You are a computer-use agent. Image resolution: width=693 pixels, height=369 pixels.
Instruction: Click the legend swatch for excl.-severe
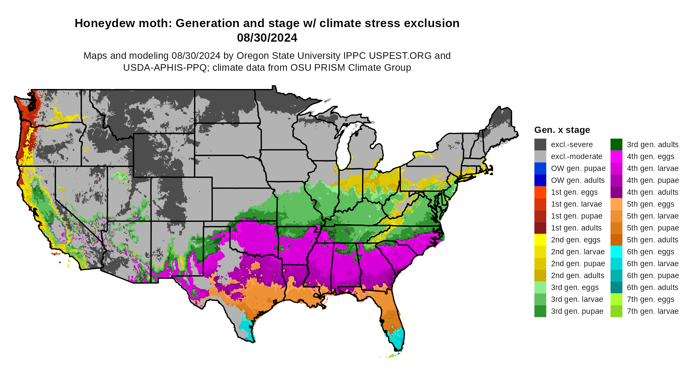[x=540, y=144]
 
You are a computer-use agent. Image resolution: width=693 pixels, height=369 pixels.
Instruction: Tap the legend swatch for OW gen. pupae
[x=540, y=168]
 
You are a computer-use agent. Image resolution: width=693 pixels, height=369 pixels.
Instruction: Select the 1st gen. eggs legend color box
[x=540, y=192]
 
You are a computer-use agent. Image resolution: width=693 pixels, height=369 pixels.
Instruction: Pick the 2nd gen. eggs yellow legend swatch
[x=540, y=240]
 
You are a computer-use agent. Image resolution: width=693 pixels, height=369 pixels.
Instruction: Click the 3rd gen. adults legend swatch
[x=616, y=144]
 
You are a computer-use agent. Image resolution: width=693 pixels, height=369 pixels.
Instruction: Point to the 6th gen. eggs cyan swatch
[x=616, y=252]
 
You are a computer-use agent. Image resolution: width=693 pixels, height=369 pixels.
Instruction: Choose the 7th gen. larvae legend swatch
[x=616, y=311]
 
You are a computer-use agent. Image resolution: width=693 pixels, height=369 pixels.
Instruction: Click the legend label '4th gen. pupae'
[x=653, y=180]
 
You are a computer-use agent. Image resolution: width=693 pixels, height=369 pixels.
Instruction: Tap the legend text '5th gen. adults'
[x=652, y=240]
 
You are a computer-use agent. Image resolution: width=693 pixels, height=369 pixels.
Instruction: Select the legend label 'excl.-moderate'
[x=577, y=156]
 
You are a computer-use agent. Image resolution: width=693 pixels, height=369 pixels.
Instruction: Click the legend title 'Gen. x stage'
[x=562, y=130]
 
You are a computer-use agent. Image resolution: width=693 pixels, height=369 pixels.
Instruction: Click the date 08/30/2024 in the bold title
[x=267, y=38]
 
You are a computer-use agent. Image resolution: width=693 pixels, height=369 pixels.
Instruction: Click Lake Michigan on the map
[x=344, y=145]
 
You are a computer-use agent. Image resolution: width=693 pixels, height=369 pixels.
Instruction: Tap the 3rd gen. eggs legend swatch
[x=540, y=287]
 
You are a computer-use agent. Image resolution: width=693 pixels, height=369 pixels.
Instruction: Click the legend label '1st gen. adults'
[x=576, y=228]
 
